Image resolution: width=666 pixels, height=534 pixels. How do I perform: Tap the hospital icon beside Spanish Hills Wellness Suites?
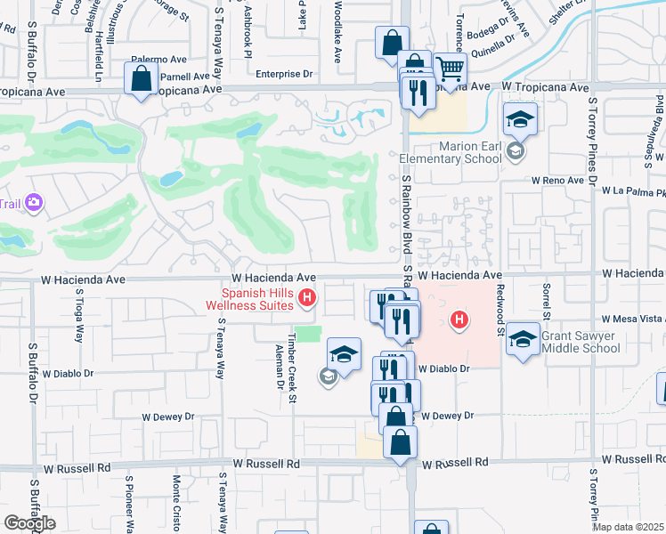[x=307, y=298]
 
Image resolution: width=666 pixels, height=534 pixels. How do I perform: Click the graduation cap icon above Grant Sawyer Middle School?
[x=524, y=338]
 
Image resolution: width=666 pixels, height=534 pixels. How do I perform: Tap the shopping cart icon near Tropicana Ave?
[x=451, y=69]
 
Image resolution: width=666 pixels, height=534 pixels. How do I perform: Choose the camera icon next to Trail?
[x=35, y=203]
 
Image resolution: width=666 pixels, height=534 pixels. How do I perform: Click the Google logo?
[x=29, y=522]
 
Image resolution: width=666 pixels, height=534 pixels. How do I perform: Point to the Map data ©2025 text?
[x=629, y=526]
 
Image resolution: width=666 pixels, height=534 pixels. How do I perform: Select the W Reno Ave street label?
[x=557, y=180]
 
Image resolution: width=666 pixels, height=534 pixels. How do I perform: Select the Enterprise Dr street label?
[x=285, y=75]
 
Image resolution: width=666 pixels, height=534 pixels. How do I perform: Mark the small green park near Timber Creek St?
[x=307, y=334]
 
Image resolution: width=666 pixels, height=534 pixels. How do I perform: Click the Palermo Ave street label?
[x=158, y=59]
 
